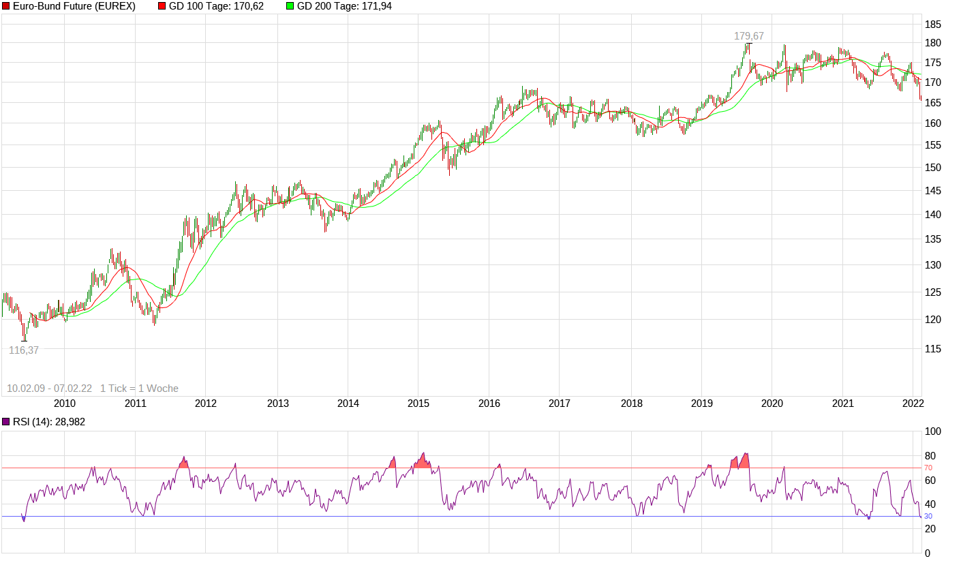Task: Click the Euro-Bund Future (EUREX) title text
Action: (x=74, y=6)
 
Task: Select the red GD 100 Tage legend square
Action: (x=162, y=6)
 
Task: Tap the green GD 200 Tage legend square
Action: (x=290, y=6)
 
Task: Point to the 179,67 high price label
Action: (x=748, y=36)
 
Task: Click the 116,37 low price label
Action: (x=24, y=350)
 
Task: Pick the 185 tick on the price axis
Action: (x=933, y=25)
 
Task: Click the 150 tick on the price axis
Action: (x=933, y=168)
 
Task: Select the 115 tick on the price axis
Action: (x=933, y=349)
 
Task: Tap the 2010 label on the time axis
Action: (x=64, y=404)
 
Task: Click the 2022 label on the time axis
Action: (x=912, y=404)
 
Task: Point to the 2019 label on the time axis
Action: (x=701, y=404)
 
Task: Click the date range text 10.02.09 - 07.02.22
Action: (x=49, y=389)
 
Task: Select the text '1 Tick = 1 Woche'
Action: (x=139, y=389)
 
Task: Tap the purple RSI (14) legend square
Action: (x=6, y=422)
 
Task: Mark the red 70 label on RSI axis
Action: (x=928, y=468)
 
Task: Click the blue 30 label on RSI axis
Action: (x=928, y=516)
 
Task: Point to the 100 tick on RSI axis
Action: (x=932, y=432)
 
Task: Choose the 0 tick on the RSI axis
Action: (x=928, y=553)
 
